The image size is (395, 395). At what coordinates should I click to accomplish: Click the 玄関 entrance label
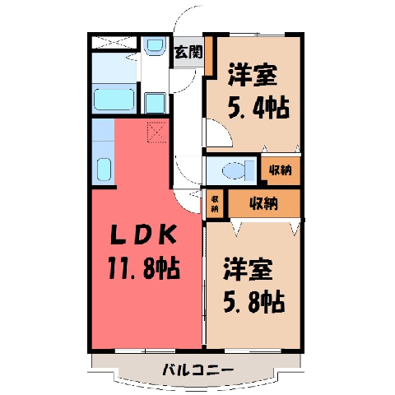point(188,52)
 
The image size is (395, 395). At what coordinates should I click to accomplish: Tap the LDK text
point(143,235)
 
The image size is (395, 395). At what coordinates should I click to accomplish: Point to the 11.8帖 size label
point(144,268)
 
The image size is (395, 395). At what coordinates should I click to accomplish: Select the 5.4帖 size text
point(258,107)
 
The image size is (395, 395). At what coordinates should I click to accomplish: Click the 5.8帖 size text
point(254,302)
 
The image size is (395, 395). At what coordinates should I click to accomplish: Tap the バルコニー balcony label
point(198,370)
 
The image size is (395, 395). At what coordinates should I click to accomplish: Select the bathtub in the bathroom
point(114,100)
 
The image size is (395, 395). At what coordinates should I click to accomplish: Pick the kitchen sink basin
point(104,170)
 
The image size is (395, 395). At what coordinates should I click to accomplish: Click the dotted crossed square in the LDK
point(157,132)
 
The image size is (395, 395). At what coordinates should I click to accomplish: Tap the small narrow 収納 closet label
point(214,204)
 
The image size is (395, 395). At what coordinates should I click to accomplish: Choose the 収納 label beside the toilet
point(280,170)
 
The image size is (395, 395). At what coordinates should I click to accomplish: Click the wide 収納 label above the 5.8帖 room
point(263,203)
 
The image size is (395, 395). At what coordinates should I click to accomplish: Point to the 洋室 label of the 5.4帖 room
point(252,75)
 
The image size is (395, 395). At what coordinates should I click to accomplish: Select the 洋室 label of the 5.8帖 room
point(248,269)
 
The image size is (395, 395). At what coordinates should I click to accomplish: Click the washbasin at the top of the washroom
point(156,45)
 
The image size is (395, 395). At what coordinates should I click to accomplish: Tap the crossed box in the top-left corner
point(114,43)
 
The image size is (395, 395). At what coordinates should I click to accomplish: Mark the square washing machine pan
point(155,103)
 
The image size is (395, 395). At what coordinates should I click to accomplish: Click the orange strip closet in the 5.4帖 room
point(209,56)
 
